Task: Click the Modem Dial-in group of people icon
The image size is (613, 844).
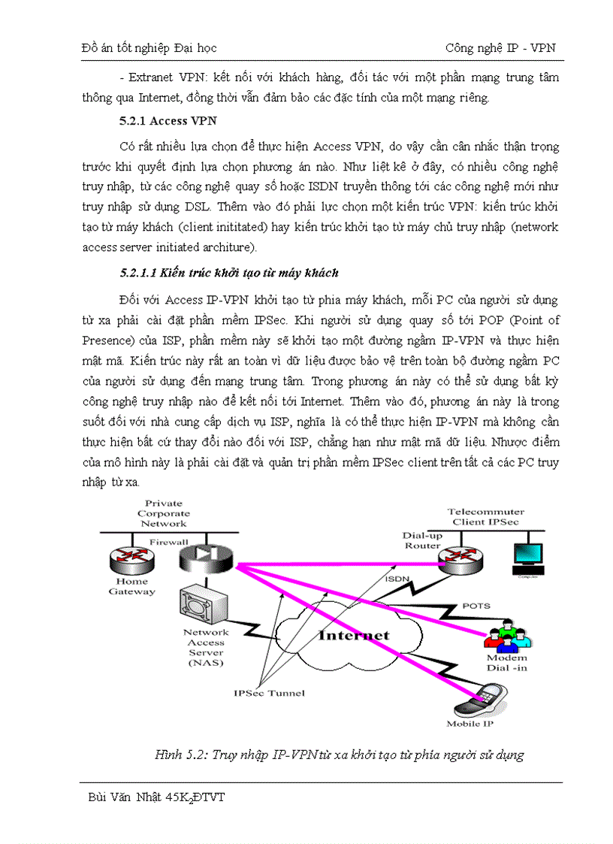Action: tap(507, 634)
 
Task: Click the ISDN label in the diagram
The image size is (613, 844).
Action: tap(397, 579)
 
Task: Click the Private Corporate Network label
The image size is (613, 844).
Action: tap(163, 513)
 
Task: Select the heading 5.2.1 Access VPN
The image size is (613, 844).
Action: tap(156, 121)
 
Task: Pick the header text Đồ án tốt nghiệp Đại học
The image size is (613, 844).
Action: tap(149, 48)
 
